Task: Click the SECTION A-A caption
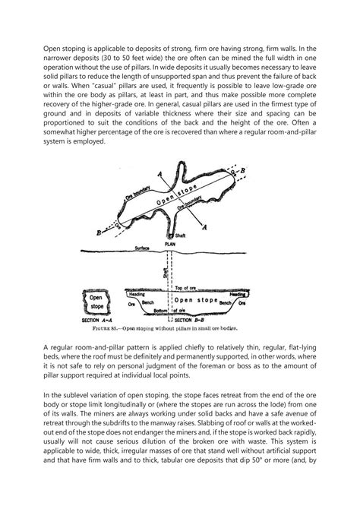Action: pyautogui.click(x=97, y=324)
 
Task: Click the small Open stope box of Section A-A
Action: pyautogui.click(x=97, y=302)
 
